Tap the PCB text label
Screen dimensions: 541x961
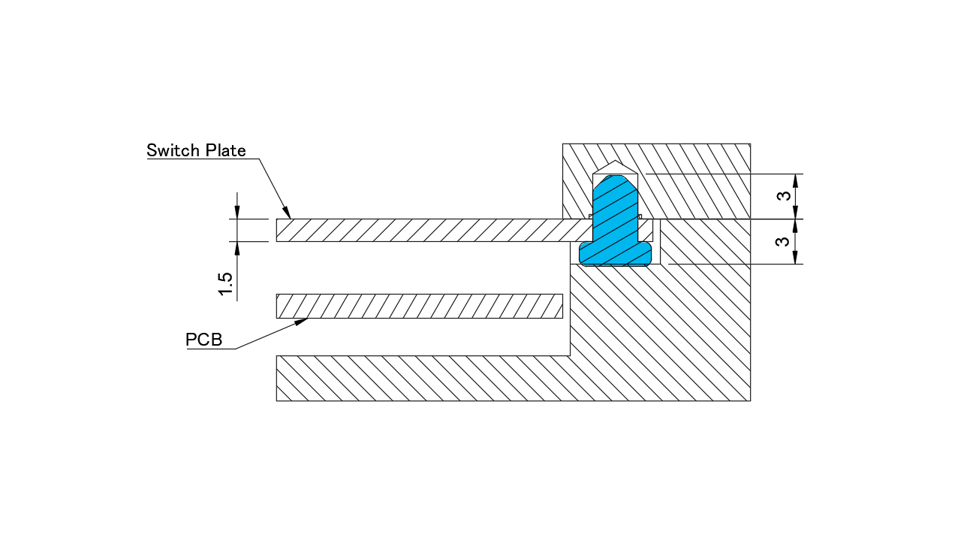[x=204, y=340]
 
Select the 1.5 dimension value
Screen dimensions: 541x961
[x=225, y=284]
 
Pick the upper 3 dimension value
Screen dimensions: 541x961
[x=783, y=196]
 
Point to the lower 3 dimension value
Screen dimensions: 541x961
[x=783, y=242]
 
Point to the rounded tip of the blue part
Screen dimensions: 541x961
[x=616, y=180]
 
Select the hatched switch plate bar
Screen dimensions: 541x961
[x=420, y=230]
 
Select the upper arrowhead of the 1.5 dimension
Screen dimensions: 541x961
[x=237, y=213]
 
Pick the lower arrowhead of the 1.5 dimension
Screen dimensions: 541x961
[x=237, y=247]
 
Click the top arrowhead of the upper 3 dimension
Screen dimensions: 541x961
[x=795, y=180]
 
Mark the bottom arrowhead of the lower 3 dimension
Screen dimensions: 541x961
[x=795, y=258]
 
